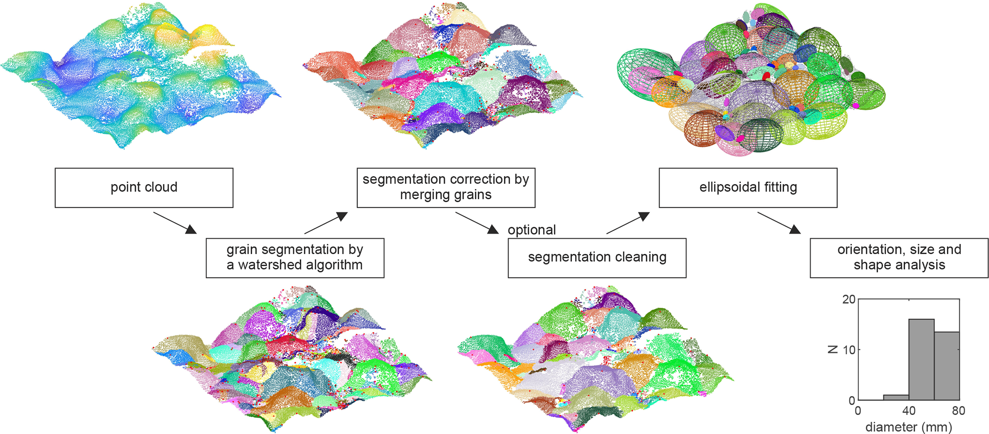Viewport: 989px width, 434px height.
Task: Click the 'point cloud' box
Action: [144, 187]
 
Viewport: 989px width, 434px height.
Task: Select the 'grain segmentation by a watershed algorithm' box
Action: [295, 257]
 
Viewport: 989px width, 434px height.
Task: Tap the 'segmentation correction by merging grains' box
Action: [445, 187]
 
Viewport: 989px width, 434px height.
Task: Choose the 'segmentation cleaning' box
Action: [597, 257]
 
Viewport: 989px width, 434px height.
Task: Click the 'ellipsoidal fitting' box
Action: [748, 187]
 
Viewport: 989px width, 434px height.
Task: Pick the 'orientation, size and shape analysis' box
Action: [899, 257]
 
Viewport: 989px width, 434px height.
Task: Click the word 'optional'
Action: [532, 230]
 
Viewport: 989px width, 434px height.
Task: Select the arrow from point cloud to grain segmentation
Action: [175, 223]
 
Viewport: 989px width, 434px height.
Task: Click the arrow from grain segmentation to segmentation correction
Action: [325, 223]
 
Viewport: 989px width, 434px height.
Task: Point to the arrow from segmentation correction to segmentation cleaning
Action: [477, 223]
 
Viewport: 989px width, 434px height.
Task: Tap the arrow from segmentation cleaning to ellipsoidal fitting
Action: [628, 223]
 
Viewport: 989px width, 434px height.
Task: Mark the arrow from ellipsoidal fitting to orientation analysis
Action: [778, 223]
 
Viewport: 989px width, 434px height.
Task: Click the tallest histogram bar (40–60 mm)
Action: [921, 359]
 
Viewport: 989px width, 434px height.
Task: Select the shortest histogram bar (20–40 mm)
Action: [896, 397]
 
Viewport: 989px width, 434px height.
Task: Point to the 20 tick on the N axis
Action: [848, 300]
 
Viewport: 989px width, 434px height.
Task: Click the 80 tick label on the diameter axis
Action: [958, 411]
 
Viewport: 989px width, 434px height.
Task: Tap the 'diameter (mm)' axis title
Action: [908, 426]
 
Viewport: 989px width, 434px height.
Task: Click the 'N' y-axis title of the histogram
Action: [833, 350]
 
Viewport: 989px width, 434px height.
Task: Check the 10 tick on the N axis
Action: [848, 350]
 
